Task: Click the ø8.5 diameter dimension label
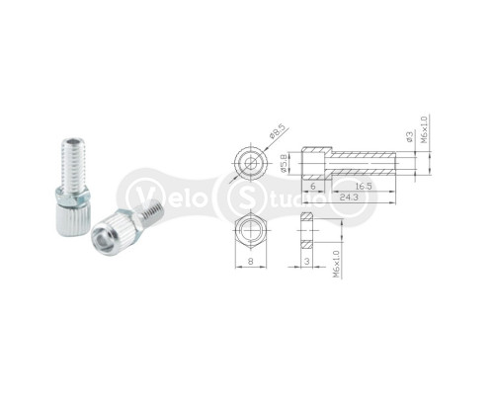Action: (277, 132)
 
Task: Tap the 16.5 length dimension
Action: (364, 186)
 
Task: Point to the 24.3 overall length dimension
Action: (349, 197)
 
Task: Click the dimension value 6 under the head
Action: (313, 186)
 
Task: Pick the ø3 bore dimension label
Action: (410, 137)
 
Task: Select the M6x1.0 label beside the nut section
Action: (336, 264)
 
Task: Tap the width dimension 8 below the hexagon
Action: (251, 262)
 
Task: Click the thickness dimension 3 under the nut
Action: (307, 262)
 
